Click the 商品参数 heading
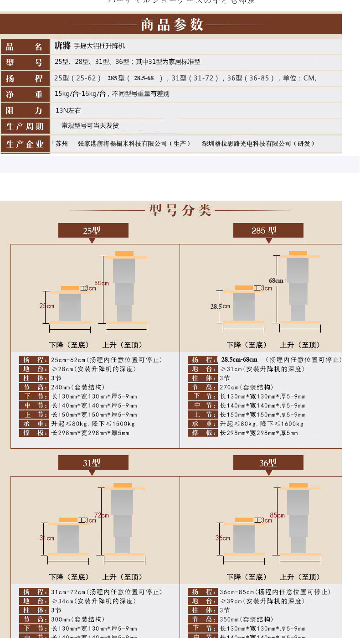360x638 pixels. tap(172, 24)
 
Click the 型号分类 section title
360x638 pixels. tap(180, 210)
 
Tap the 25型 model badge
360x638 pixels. tap(93, 230)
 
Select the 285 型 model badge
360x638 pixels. tap(268, 230)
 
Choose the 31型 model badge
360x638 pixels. tap(93, 462)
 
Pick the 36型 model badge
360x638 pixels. tap(268, 462)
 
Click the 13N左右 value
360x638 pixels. tap(68, 110)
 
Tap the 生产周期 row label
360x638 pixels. tap(25, 126)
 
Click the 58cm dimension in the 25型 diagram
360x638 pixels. tap(102, 283)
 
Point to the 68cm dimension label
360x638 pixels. tap(276, 280)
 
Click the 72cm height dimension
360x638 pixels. tap(101, 515)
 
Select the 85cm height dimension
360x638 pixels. tap(277, 515)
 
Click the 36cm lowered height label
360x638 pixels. tap(222, 538)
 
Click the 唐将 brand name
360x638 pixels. tap(62, 46)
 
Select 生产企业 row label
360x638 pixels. tap(25, 144)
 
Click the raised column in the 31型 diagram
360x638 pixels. tap(122, 520)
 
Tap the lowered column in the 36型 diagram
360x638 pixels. tap(244, 539)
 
